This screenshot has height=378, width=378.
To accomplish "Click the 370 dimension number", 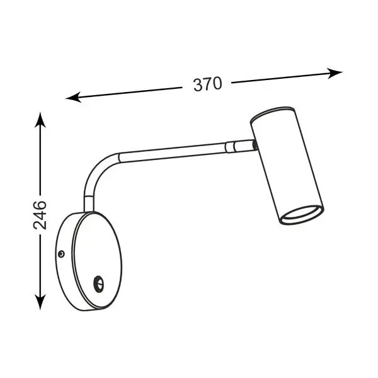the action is pyautogui.click(x=207, y=84).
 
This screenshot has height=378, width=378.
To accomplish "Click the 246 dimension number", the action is pyautogui.click(x=40, y=215).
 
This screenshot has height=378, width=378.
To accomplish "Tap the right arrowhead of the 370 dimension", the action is pyautogui.click(x=335, y=73).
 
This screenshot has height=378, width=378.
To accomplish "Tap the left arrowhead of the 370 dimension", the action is pyautogui.click(x=73, y=97).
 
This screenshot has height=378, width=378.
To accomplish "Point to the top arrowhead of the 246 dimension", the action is pyautogui.click(x=40, y=120).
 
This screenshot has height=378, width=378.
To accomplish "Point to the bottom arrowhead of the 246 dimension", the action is pyautogui.click(x=40, y=302).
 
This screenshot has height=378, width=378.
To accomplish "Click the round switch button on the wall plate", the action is pyautogui.click(x=99, y=283).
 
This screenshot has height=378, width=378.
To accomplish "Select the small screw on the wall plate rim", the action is pyautogui.click(x=62, y=254).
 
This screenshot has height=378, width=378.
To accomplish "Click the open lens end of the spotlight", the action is pyautogui.click(x=302, y=215).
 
